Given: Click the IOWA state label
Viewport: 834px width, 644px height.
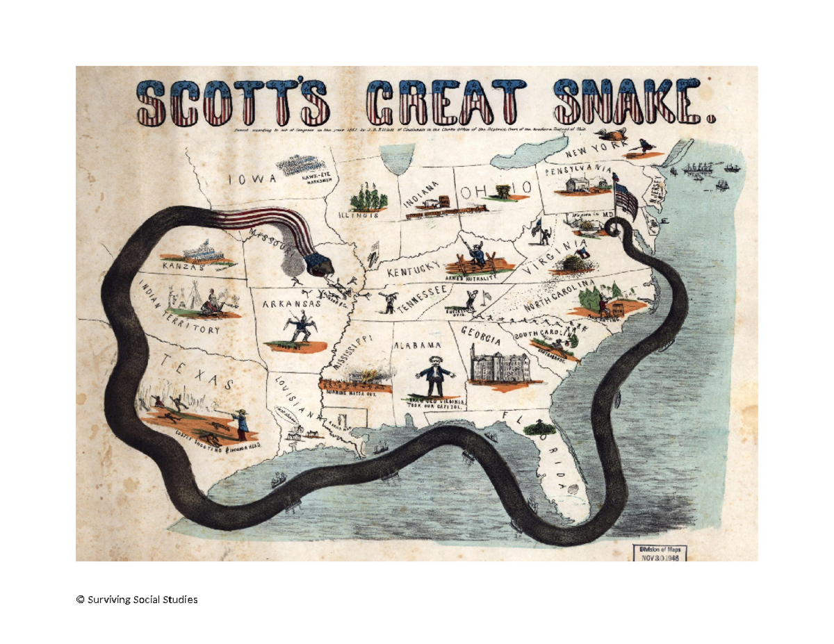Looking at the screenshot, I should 253,179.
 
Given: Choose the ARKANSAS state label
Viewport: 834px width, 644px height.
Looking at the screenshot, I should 292,304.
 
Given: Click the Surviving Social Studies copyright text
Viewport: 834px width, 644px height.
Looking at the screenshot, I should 137,599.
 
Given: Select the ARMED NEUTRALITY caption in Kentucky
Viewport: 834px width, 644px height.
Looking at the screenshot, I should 473,277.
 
